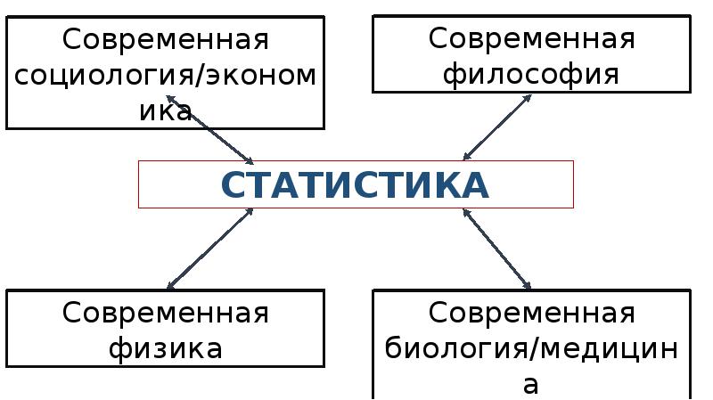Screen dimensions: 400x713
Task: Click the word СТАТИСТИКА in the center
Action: pos(355,184)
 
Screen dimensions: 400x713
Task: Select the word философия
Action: pos(531,73)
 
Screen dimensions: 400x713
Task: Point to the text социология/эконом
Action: pos(165,75)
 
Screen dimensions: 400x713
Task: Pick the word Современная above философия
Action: pos(531,39)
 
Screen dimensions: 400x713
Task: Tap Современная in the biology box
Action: pos(531,314)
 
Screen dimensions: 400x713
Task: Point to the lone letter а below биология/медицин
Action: pos(531,383)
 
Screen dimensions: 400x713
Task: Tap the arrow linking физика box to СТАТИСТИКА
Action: pos(210,249)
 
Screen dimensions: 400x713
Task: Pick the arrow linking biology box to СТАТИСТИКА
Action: pos(497,249)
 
